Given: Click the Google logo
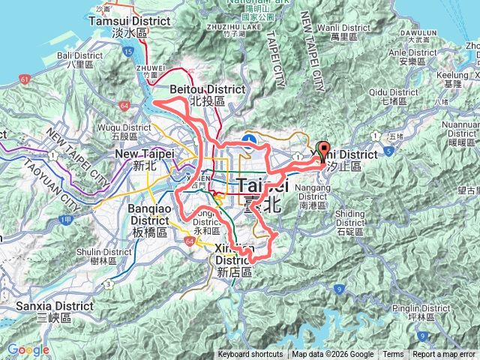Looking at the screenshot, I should pos(28,350).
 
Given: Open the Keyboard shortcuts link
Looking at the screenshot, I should pos(250,355).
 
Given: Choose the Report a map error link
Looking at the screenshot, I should pos(445,355).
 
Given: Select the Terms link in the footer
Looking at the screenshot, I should pos(393,355).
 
